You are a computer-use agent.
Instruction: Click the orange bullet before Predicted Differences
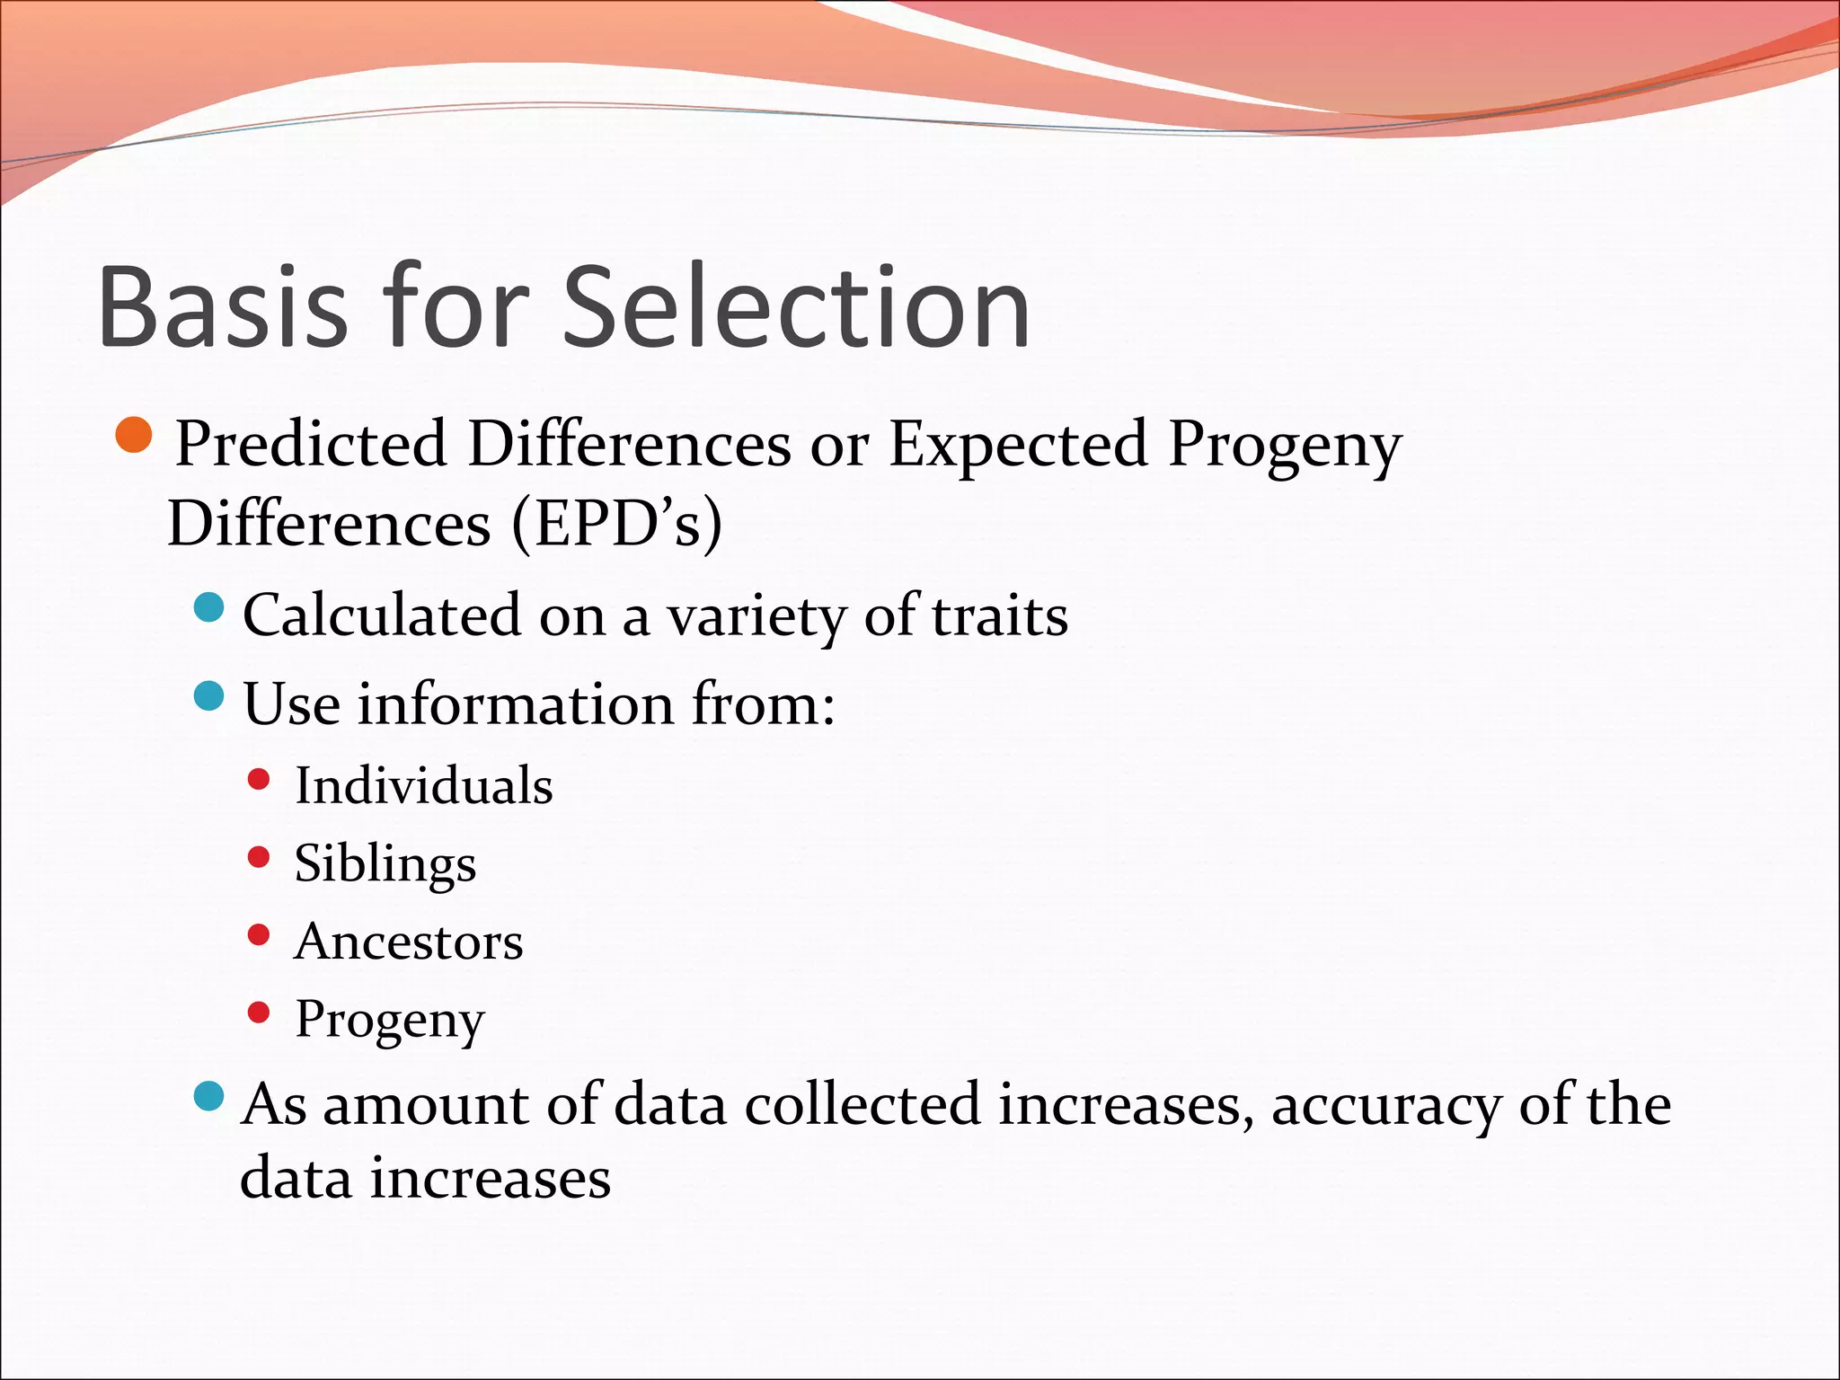(x=135, y=436)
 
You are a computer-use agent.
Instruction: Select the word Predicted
(x=311, y=444)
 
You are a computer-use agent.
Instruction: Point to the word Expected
(x=1018, y=444)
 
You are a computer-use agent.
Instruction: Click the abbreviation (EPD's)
(x=616, y=523)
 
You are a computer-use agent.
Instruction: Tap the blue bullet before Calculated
(x=208, y=608)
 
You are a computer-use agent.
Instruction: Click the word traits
(x=999, y=617)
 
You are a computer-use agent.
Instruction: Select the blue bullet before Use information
(x=208, y=696)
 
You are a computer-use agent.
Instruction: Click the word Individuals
(x=423, y=785)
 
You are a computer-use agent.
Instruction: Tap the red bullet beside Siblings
(x=259, y=858)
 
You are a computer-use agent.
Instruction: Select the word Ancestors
(x=408, y=942)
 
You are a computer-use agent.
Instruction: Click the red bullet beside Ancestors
(x=259, y=935)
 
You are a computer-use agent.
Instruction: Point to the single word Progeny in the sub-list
(x=390, y=1021)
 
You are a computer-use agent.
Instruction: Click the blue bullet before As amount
(x=208, y=1096)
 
